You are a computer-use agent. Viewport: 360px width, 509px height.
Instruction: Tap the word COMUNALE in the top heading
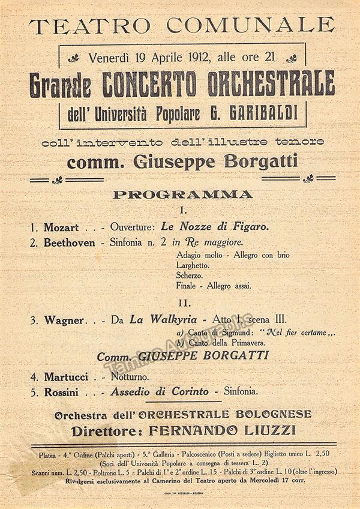click(x=250, y=26)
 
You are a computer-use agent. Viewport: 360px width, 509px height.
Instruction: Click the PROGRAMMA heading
click(x=183, y=194)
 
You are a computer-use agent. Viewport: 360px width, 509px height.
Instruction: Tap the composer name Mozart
click(x=61, y=227)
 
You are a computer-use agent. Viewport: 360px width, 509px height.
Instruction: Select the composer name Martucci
click(x=66, y=377)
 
